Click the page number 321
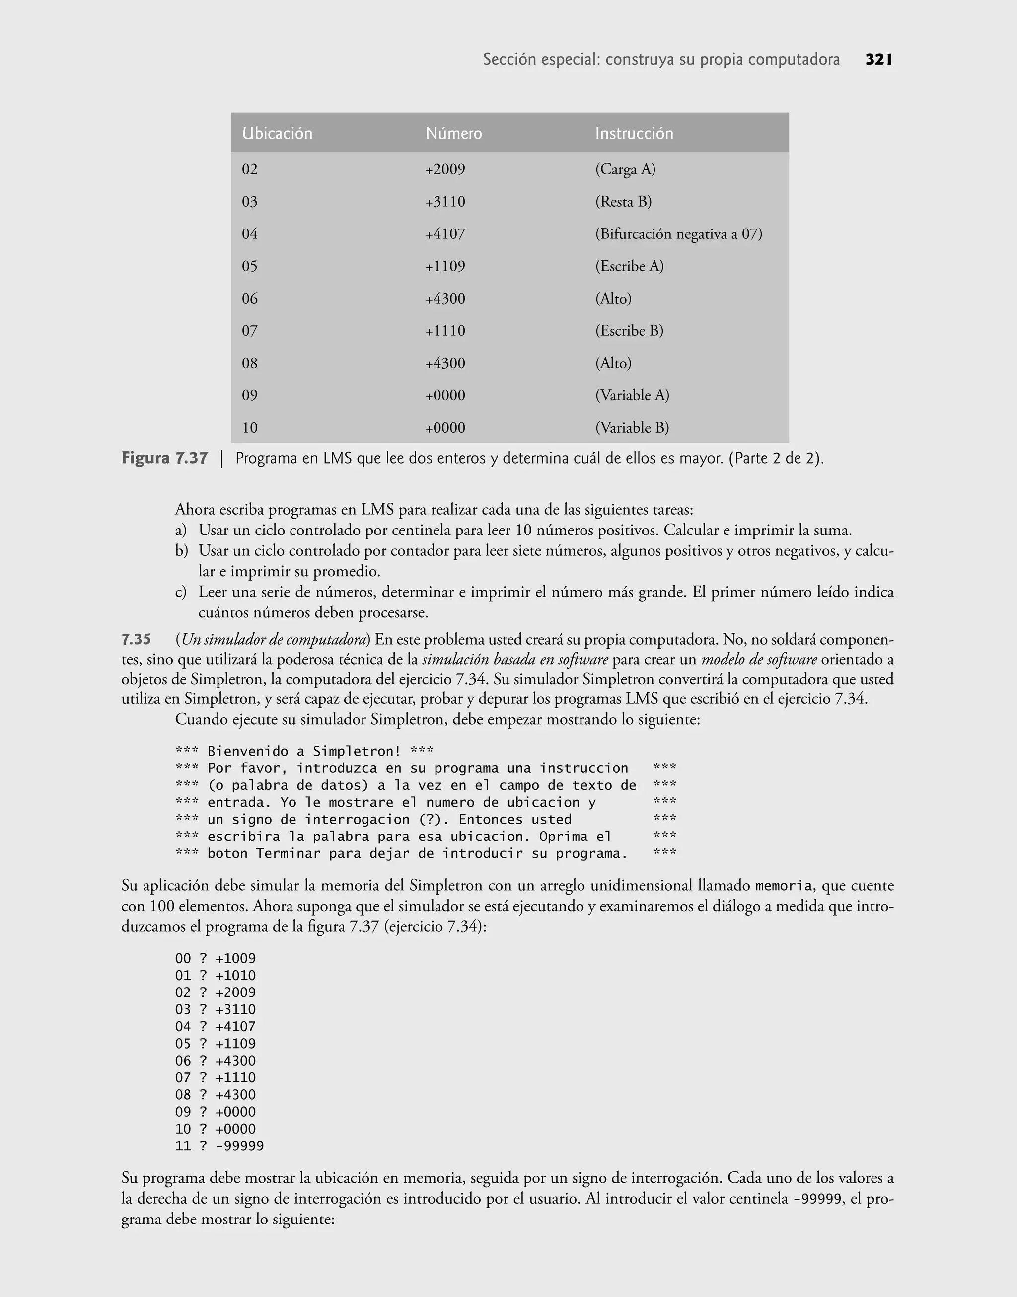[x=878, y=60]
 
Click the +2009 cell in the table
[x=445, y=170]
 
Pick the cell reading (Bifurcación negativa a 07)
[x=678, y=234]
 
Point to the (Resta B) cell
[x=623, y=202]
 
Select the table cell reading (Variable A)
[x=632, y=395]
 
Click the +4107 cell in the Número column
[x=445, y=234]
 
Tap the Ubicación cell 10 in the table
[x=249, y=428]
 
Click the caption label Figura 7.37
[x=165, y=458]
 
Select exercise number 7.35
[x=137, y=640]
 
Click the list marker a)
[x=180, y=530]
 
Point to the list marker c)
[x=180, y=593]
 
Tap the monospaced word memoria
[x=784, y=886]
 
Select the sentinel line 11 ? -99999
[x=219, y=1146]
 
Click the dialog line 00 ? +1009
[x=215, y=958]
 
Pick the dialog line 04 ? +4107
[x=215, y=1026]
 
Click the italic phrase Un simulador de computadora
[x=275, y=640]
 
